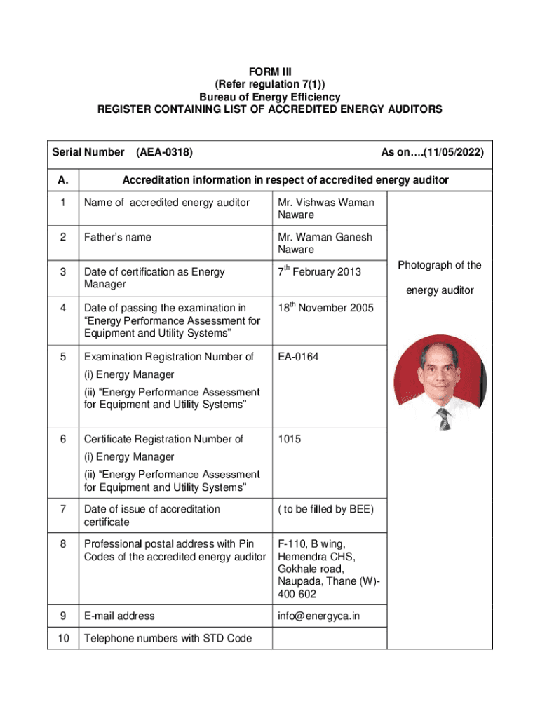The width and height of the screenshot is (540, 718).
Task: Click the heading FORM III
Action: pyautogui.click(x=270, y=72)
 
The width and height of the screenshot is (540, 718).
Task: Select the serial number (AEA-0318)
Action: pyautogui.click(x=165, y=152)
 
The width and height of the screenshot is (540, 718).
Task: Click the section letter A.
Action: pyautogui.click(x=63, y=180)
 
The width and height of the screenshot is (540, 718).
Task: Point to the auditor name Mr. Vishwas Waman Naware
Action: pyautogui.click(x=325, y=208)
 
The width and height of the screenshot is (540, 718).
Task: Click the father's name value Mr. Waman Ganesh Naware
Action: pyautogui.click(x=325, y=243)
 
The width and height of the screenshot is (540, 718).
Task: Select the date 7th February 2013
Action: pyautogui.click(x=319, y=272)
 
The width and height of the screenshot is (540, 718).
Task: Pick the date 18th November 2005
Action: pyautogui.click(x=325, y=308)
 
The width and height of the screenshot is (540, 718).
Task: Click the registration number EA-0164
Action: pyautogui.click(x=298, y=357)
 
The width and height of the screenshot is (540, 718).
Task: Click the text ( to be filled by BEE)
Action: pyautogui.click(x=325, y=509)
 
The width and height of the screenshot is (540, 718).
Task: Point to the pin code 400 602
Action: pyautogui.click(x=297, y=594)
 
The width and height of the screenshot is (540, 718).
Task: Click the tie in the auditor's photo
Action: pyautogui.click(x=444, y=419)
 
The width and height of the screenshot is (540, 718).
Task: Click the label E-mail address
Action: pyautogui.click(x=119, y=616)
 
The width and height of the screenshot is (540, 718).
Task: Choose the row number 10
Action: pyautogui.click(x=63, y=638)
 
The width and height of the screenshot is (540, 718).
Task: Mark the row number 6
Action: pyautogui.click(x=63, y=439)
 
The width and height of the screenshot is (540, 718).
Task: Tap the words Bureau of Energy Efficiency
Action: pyautogui.click(x=270, y=97)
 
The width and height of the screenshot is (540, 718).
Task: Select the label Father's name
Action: pyautogui.click(x=117, y=237)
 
